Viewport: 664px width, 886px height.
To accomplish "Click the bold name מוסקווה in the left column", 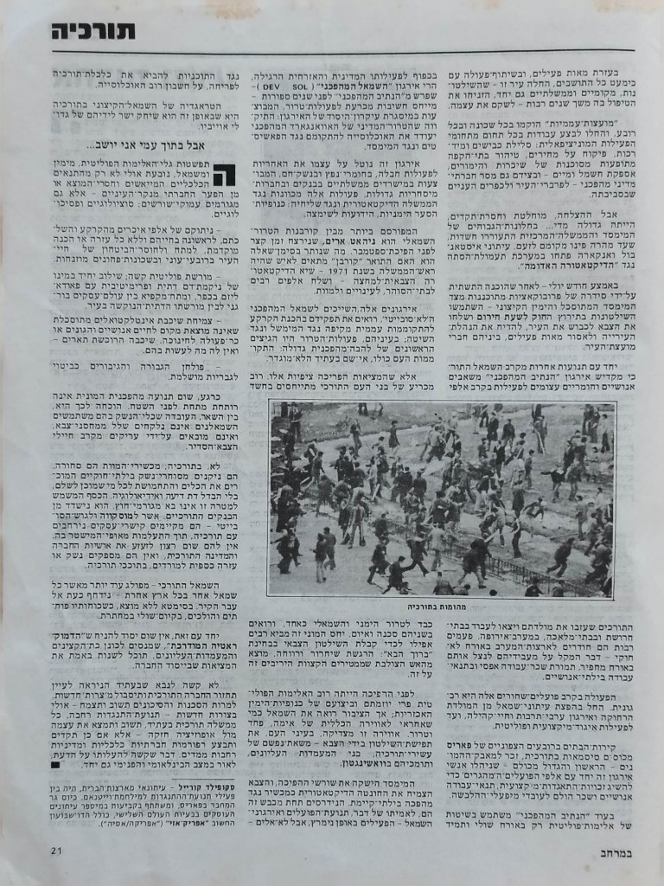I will [163, 537].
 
